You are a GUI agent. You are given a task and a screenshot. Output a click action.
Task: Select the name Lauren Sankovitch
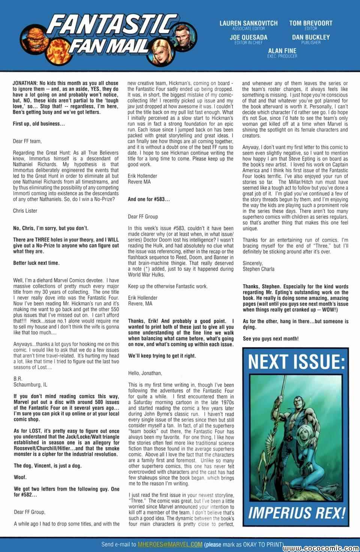[249, 23]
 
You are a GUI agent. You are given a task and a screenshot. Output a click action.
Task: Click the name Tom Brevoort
[311, 23]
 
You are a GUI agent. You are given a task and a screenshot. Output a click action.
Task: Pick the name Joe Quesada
[249, 37]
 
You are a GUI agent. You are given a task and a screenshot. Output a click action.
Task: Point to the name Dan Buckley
[311, 37]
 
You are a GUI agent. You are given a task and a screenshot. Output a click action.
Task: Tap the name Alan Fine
[282, 51]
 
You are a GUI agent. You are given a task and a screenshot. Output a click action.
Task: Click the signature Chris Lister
[25, 211]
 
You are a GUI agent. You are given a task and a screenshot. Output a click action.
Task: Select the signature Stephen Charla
[258, 269]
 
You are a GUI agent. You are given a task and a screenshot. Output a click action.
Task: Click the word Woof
[19, 477]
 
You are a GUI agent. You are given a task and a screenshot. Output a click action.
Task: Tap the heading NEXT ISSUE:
[296, 362]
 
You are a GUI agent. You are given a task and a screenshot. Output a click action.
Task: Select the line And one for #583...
[149, 199]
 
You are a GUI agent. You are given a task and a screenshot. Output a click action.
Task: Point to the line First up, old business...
[39, 124]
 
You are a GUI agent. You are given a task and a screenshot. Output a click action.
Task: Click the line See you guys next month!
[271, 338]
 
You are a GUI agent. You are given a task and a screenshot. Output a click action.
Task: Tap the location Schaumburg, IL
[30, 384]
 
